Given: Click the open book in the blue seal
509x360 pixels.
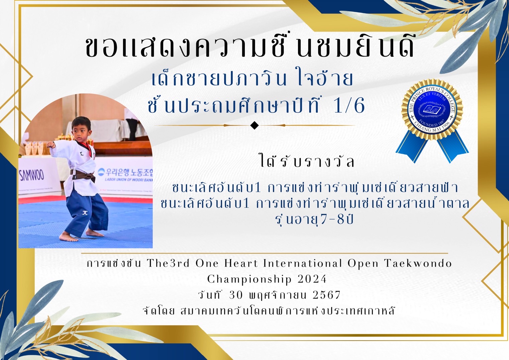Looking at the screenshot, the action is tap(432, 109).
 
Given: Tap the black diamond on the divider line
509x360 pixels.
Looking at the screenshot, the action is tap(254, 125).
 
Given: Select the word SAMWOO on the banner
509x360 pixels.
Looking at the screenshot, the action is tap(31, 175).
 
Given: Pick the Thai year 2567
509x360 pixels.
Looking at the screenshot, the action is tap(326, 295).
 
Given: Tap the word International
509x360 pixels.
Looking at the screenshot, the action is tap(302, 264).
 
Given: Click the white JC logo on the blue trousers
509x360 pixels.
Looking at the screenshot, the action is tap(85, 213).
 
